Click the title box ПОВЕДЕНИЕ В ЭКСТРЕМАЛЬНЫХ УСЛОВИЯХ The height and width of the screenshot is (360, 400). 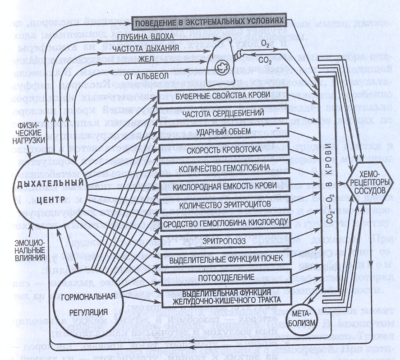pyautogui.click(x=209, y=22)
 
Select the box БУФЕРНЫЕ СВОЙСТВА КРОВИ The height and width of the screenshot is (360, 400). pyautogui.click(x=224, y=95)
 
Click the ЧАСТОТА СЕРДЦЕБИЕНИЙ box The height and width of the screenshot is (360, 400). pyautogui.click(x=224, y=113)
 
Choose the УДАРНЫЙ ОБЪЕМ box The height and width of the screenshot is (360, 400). pyautogui.click(x=224, y=131)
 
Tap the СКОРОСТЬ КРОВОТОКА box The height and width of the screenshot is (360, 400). pyautogui.click(x=224, y=149)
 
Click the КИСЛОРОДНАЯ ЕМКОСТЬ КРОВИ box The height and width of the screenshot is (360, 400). pyautogui.click(x=224, y=185)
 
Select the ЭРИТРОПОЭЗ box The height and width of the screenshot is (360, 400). pyautogui.click(x=224, y=240)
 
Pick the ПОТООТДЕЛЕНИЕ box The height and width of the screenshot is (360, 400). pyautogui.click(x=224, y=276)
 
